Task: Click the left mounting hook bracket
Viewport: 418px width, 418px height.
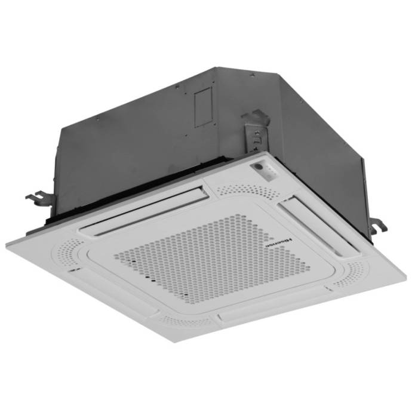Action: (36, 196)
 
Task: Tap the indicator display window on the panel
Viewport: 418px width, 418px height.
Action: (266, 171)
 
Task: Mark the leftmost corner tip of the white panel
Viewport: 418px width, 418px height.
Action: (6, 242)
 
